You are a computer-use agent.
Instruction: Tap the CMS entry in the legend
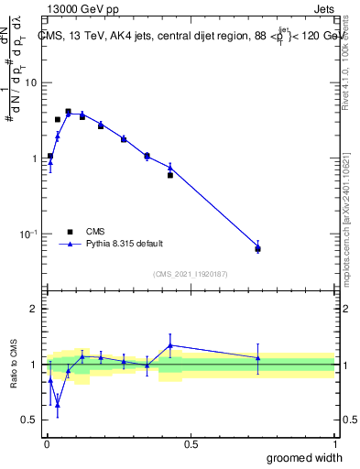94,231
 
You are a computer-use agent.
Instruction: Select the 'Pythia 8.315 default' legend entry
123,244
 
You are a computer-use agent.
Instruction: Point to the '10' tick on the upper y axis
31,83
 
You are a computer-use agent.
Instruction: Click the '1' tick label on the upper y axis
36,158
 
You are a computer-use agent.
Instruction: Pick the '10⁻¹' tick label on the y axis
29,234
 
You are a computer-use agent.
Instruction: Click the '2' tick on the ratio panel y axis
36,309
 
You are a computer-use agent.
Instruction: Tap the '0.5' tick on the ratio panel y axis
30,420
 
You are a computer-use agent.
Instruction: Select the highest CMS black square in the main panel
68,112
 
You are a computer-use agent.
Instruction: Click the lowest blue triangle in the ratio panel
58,404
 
